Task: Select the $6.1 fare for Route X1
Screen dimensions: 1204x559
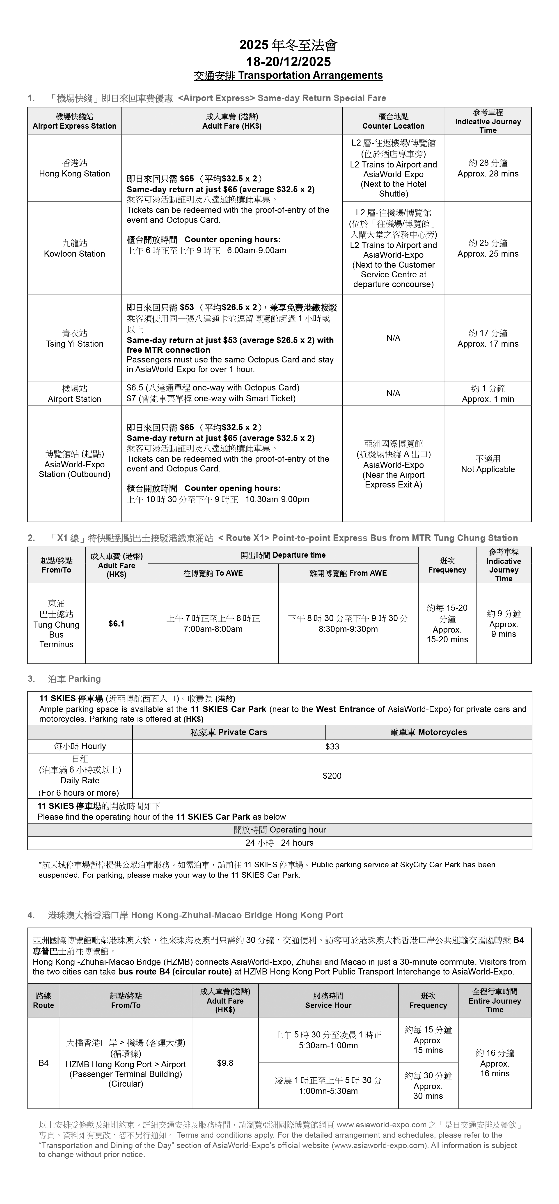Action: [x=116, y=624]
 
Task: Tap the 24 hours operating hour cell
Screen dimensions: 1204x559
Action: [x=279, y=843]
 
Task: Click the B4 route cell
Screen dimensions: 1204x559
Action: [x=44, y=1063]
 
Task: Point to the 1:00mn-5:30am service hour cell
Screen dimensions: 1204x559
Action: [x=328, y=1086]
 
